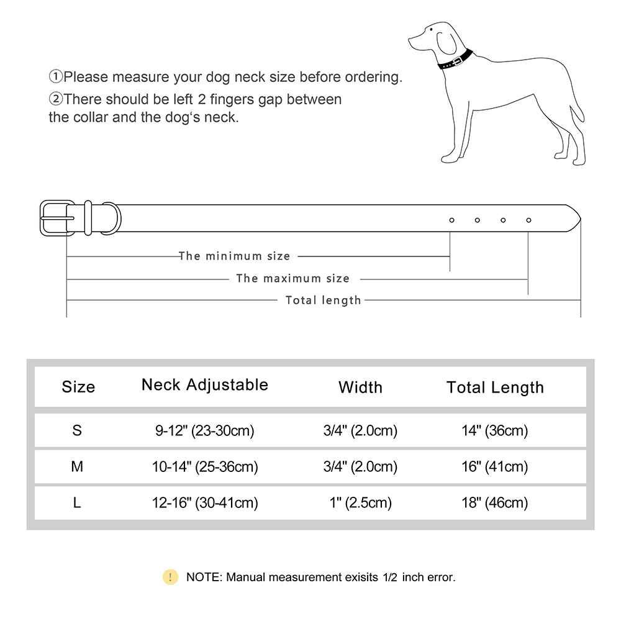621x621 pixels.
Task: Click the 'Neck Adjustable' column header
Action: click(x=205, y=384)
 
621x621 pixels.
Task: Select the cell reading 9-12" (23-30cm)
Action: click(x=205, y=430)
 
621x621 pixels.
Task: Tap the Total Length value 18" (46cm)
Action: click(x=495, y=502)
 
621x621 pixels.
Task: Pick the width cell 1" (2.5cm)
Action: click(x=360, y=502)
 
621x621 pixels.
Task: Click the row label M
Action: click(x=77, y=466)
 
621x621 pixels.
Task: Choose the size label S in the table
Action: click(x=77, y=430)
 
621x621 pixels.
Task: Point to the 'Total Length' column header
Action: click(x=495, y=388)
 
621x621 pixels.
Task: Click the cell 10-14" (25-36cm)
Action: click(x=205, y=466)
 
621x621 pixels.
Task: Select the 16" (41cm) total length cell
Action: click(x=495, y=466)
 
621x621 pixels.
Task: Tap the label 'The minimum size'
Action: click(x=234, y=256)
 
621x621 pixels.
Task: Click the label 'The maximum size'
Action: click(x=292, y=278)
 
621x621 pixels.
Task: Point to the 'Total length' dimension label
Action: click(x=323, y=301)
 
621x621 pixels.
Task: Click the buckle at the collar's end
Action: click(x=57, y=217)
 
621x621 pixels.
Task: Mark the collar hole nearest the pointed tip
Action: click(x=528, y=220)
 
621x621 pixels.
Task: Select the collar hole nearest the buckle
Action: click(x=451, y=220)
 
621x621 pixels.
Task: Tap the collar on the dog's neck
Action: click(x=456, y=60)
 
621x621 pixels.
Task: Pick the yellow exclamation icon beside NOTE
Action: click(x=170, y=577)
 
